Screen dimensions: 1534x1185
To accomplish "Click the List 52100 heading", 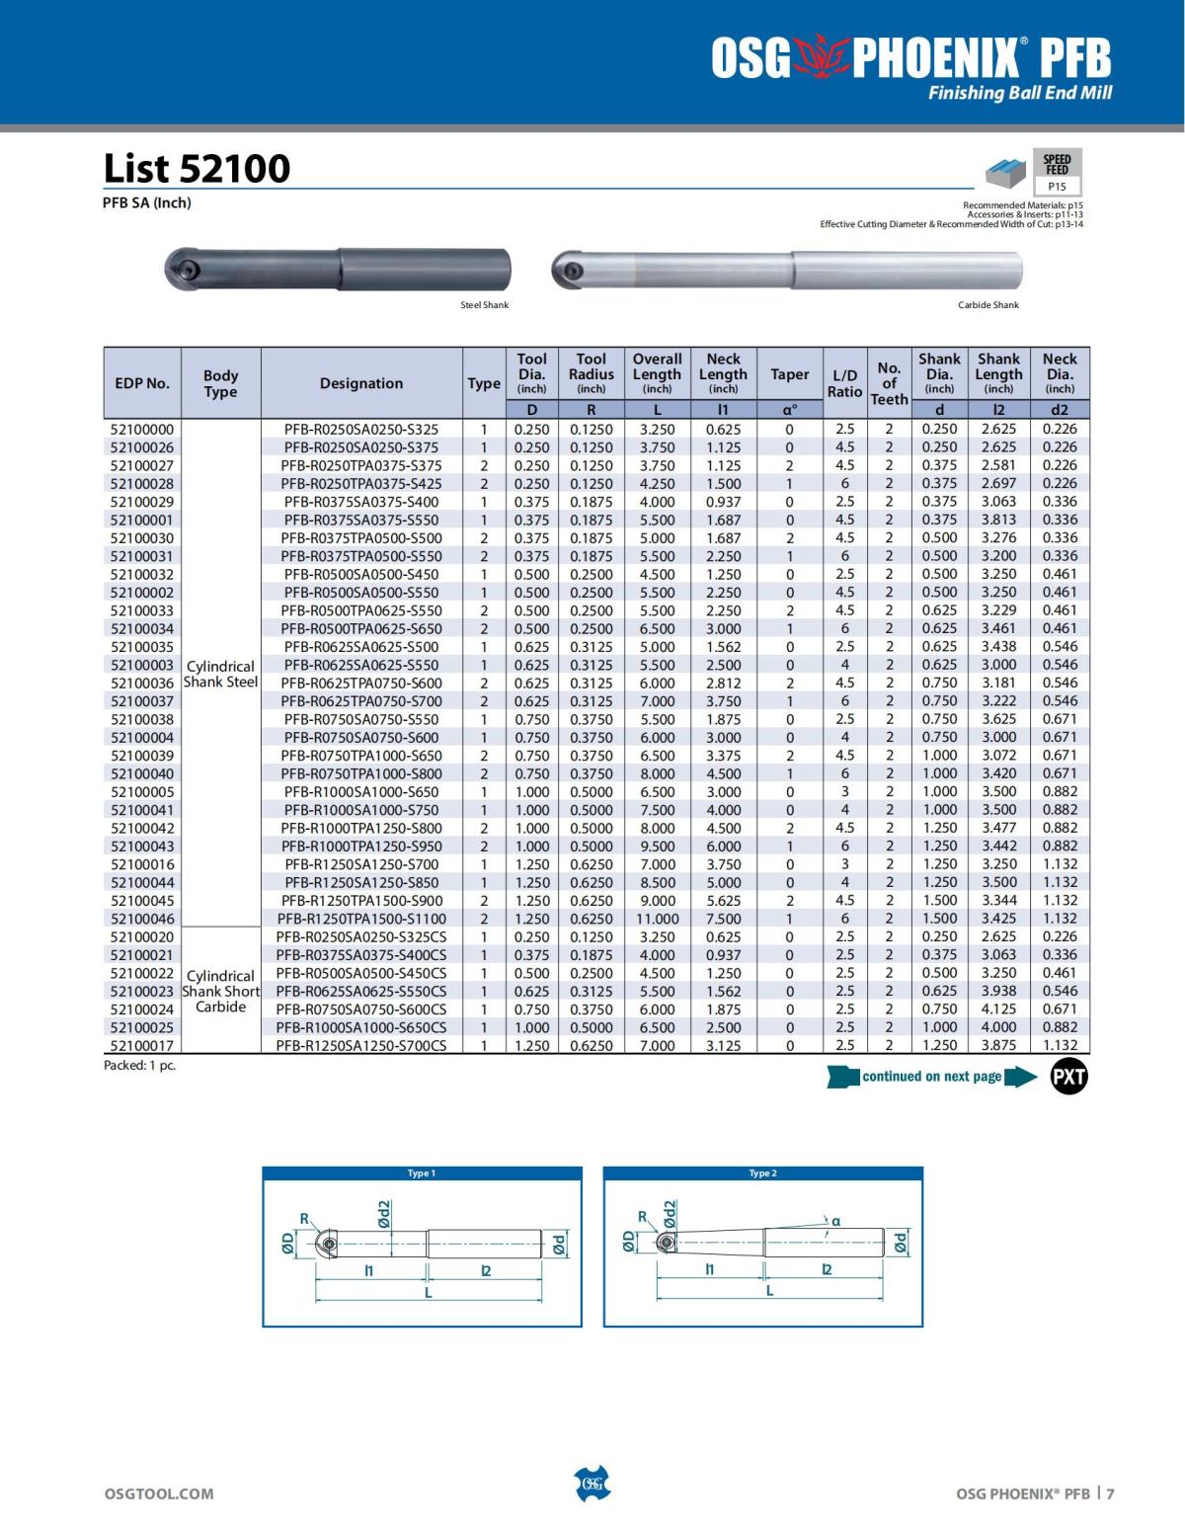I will click(197, 168).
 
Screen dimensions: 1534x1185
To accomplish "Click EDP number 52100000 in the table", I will click(142, 430).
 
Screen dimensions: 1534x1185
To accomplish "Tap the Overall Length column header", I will click(657, 372).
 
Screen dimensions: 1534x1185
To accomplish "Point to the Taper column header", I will click(789, 374).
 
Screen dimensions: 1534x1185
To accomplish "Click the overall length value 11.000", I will click(657, 919).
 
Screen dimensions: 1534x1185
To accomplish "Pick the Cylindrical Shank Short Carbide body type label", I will click(220, 991).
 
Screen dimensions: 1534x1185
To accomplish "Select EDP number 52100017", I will click(142, 1045).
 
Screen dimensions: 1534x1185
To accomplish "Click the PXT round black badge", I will click(1068, 1077).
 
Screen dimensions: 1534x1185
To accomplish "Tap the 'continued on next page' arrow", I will click(931, 1077).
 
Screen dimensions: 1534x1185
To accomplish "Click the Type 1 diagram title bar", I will click(422, 1173).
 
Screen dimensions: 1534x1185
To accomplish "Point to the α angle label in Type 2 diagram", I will click(835, 1221).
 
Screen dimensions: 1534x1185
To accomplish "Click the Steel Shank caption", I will click(484, 305).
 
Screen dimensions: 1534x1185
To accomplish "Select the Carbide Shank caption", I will click(987, 305).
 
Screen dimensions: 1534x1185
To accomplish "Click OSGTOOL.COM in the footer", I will click(158, 1494).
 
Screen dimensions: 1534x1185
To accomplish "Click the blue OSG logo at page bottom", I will click(592, 1484).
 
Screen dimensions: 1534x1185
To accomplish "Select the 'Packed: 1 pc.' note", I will click(139, 1066).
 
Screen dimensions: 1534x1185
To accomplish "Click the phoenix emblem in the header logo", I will click(821, 59).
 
